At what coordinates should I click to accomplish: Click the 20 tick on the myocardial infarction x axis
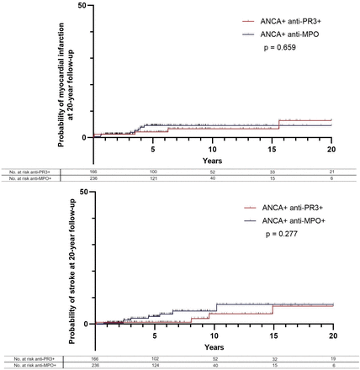[331, 148]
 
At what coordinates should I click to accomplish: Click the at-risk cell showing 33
[272, 171]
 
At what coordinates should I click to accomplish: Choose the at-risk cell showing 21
[331, 171]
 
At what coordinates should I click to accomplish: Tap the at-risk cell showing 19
[331, 358]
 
